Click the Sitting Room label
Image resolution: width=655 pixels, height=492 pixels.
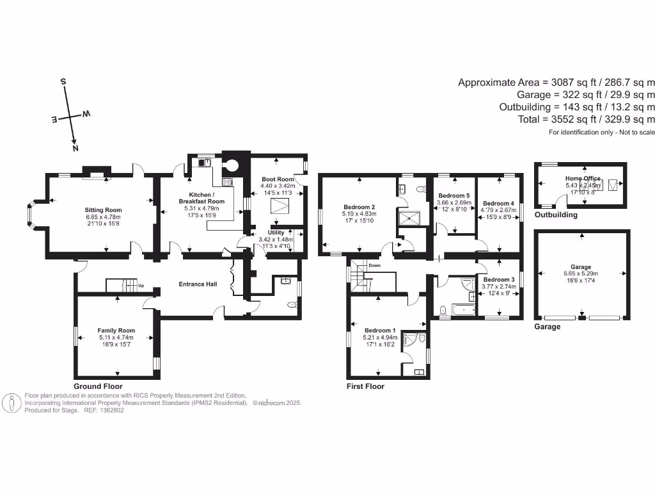coord(104,209)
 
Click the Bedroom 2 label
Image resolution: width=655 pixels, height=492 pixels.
coord(359,207)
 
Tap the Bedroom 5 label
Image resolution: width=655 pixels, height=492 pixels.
coord(454,196)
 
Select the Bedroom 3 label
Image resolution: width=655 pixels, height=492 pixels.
coord(498,280)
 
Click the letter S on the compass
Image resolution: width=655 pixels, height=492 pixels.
coord(63,81)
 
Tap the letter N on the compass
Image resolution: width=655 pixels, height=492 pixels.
coord(75,149)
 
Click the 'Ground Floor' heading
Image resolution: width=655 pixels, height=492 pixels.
coord(98,387)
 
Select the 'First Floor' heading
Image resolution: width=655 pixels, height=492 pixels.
coord(365,387)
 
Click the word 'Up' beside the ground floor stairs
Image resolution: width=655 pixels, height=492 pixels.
coord(140,286)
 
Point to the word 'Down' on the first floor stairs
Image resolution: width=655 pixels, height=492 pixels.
coord(375,265)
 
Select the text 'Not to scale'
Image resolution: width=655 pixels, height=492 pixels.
coord(633,133)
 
